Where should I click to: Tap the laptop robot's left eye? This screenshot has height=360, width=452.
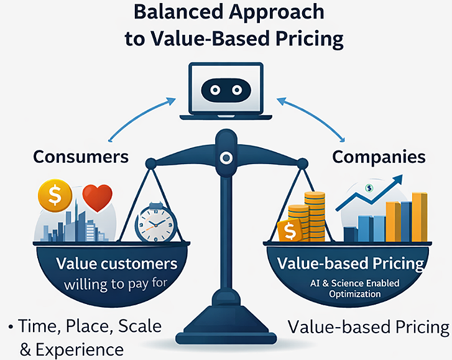[x=214, y=90]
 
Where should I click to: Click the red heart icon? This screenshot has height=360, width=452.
[x=96, y=198]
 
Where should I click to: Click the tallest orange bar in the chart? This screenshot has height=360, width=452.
[x=419, y=218]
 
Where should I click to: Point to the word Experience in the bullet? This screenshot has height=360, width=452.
[x=80, y=349]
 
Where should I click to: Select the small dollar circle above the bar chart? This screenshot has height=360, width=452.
[x=369, y=188]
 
